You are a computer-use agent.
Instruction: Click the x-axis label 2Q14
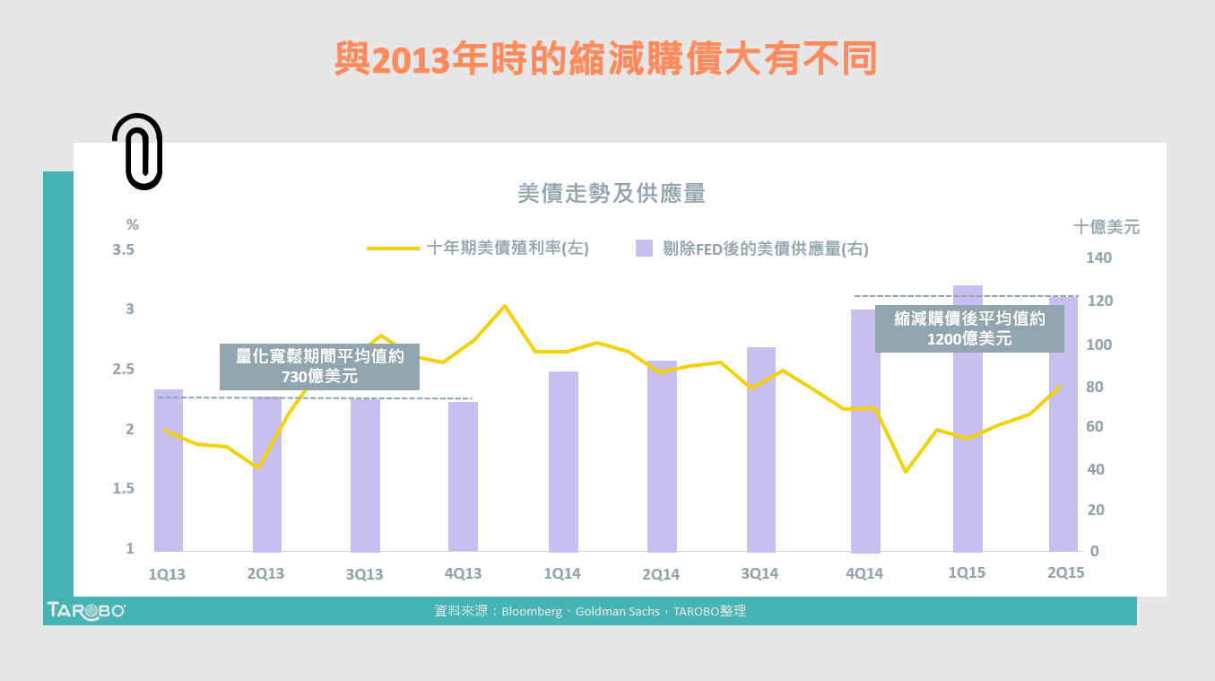point(661,574)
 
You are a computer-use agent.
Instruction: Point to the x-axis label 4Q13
point(463,574)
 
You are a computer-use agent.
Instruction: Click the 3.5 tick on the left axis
point(123,249)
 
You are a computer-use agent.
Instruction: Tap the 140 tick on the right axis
point(1098,258)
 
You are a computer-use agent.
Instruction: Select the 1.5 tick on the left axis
point(123,489)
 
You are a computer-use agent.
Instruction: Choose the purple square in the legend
point(644,249)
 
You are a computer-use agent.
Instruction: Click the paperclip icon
point(137,152)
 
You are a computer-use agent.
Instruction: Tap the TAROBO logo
point(86,610)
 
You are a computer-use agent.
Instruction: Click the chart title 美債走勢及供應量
point(612,194)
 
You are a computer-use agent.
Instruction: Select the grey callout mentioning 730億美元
point(319,366)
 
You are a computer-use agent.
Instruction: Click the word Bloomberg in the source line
point(532,611)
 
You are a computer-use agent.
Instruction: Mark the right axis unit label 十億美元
point(1107,227)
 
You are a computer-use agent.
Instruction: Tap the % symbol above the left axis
point(133,224)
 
